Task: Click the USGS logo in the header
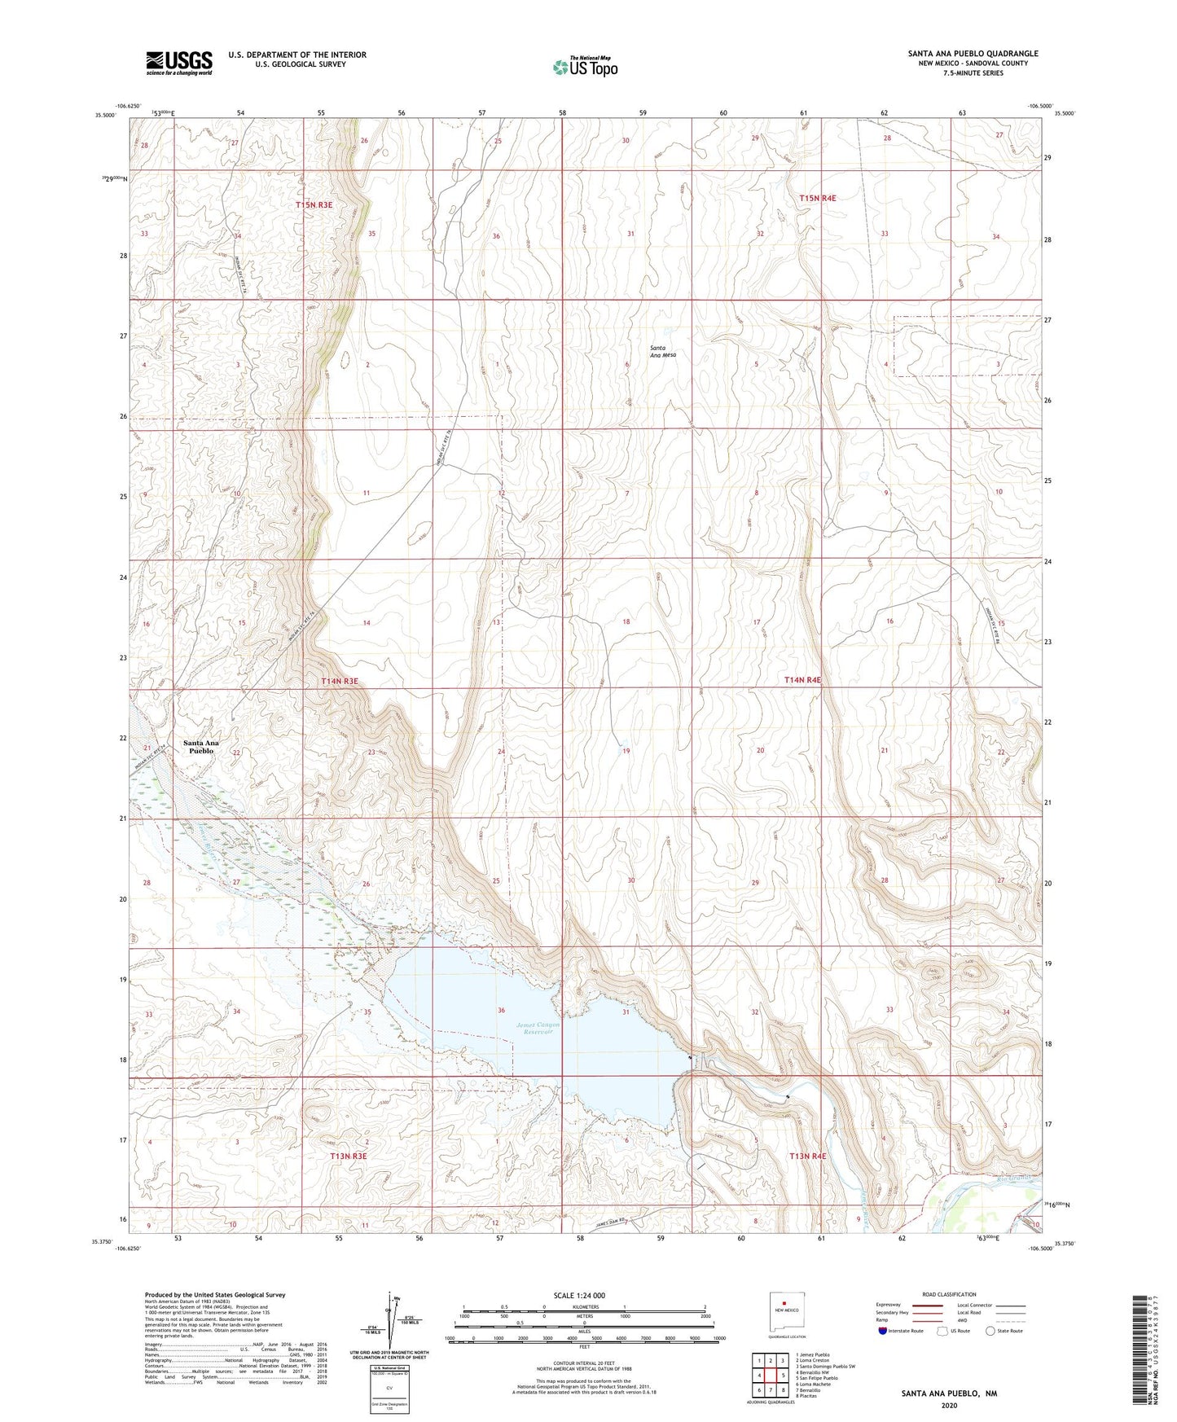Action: tap(179, 62)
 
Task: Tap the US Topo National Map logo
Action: tap(585, 66)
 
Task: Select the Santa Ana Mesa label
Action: tap(663, 352)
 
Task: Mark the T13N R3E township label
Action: tap(349, 1156)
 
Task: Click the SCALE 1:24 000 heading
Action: tap(579, 1295)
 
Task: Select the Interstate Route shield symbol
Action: tap(883, 1332)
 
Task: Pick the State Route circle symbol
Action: tap(990, 1332)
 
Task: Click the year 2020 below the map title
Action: tap(948, 1406)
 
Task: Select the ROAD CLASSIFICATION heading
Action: tap(949, 1294)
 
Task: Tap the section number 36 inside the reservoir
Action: tap(502, 1011)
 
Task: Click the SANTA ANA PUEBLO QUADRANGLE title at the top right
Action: tap(973, 54)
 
